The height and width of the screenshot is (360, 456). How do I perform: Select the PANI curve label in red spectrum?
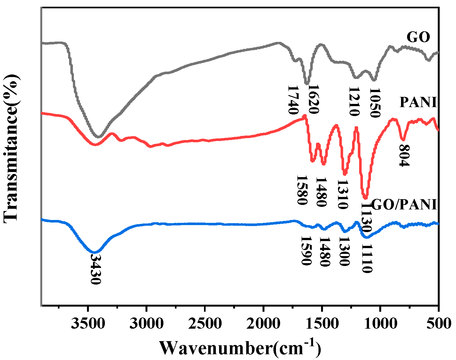coord(418,102)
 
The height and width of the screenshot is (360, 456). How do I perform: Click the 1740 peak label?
coord(293,100)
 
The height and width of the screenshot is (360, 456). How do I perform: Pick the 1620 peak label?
coord(313,100)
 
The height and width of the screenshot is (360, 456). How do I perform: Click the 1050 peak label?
coord(374,103)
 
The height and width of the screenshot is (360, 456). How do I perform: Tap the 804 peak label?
coord(404,155)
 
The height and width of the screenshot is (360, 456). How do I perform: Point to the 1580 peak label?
coord(302,190)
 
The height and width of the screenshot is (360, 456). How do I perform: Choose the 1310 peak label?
coord(342,194)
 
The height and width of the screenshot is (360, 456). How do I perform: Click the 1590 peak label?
coord(306,251)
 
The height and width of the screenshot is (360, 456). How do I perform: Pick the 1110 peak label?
coord(367,258)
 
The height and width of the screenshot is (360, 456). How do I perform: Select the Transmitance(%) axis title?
coord(11,147)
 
